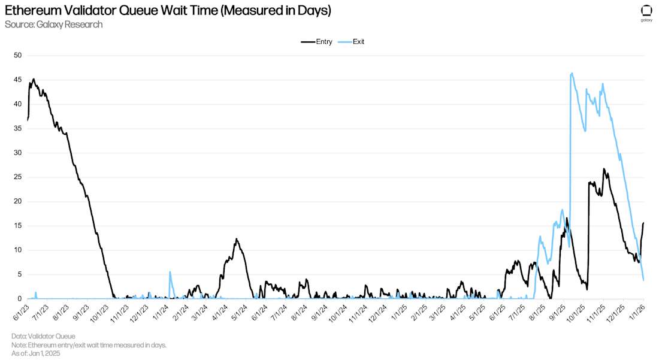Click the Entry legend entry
pyautogui.click(x=317, y=41)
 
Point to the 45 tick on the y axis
pyautogui.click(x=18, y=80)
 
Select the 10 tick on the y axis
pyautogui.click(x=18, y=250)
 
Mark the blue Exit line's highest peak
pyautogui.click(x=572, y=73)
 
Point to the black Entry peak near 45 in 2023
pyautogui.click(x=34, y=79)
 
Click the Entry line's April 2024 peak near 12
pyautogui.click(x=237, y=239)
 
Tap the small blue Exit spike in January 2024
pyautogui.click(x=170, y=272)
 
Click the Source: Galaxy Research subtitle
pyautogui.click(x=53, y=25)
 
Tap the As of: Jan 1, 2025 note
pyautogui.click(x=36, y=353)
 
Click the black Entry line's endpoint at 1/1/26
pyautogui.click(x=643, y=223)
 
